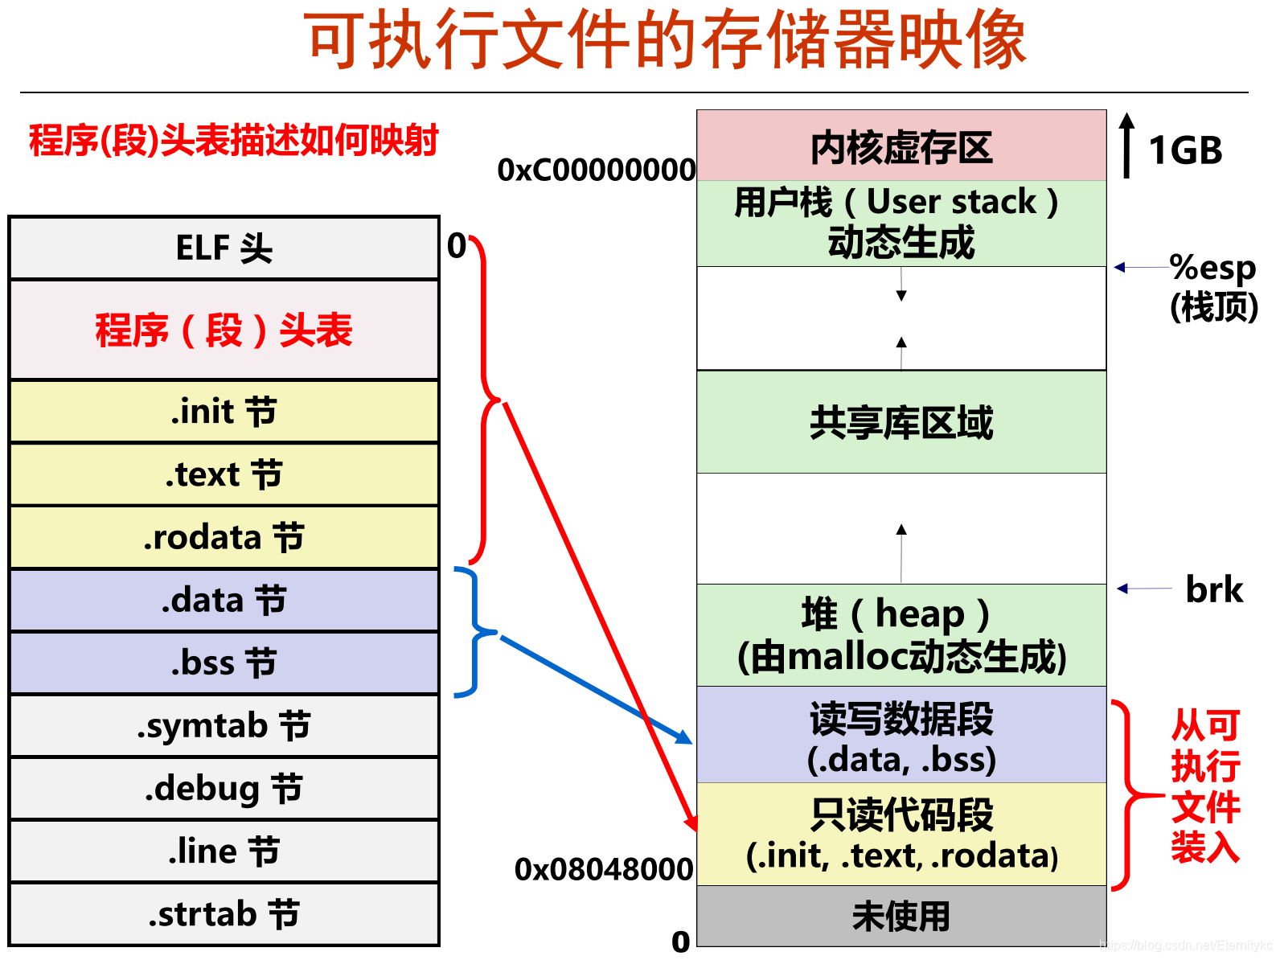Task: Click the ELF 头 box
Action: [224, 248]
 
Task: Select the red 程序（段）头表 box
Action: [224, 330]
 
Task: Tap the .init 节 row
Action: [224, 412]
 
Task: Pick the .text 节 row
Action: [224, 474]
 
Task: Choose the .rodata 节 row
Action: [224, 537]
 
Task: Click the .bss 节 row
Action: [224, 663]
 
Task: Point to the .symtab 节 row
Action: [224, 726]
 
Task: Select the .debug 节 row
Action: [224, 789]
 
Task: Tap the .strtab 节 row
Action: [224, 914]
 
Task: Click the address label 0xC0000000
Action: [597, 170]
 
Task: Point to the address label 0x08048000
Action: [604, 869]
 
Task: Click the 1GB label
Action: [1185, 150]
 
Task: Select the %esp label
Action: [1212, 268]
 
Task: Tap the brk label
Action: [1214, 589]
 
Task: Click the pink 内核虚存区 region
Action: [901, 146]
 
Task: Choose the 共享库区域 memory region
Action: [901, 422]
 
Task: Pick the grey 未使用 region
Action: [901, 917]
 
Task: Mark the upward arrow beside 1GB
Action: [1127, 145]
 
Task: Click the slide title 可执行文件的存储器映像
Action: [666, 40]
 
